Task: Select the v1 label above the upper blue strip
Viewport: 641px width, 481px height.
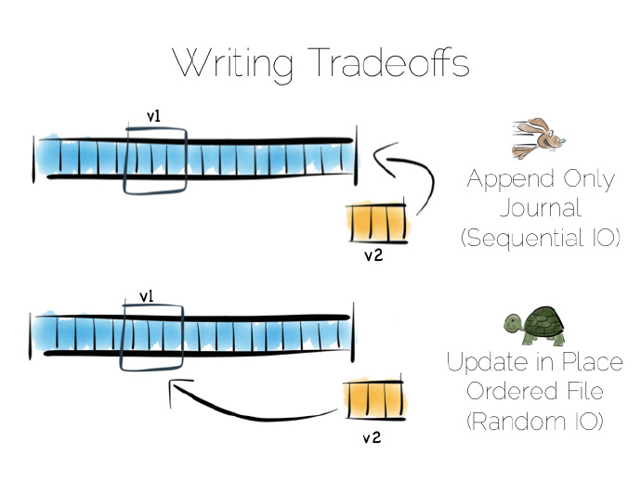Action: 155,117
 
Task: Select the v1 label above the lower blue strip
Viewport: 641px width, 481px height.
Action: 147,296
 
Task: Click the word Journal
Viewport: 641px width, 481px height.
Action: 540,208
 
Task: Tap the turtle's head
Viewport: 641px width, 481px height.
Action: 511,322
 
